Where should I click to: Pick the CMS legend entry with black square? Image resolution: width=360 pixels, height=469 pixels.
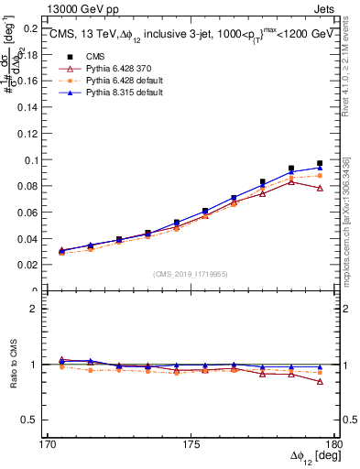coord(82,56)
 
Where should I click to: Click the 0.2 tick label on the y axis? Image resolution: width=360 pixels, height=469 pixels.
coord(29,28)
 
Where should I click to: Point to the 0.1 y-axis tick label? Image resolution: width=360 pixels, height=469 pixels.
coord(29,160)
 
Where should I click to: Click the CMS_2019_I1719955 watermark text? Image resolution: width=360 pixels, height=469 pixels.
coord(190,273)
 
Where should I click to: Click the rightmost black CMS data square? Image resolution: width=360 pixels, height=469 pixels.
coord(320,163)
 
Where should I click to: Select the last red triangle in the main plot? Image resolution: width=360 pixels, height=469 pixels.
coord(320,188)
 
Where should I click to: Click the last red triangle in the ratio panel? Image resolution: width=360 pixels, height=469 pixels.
coord(320,381)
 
